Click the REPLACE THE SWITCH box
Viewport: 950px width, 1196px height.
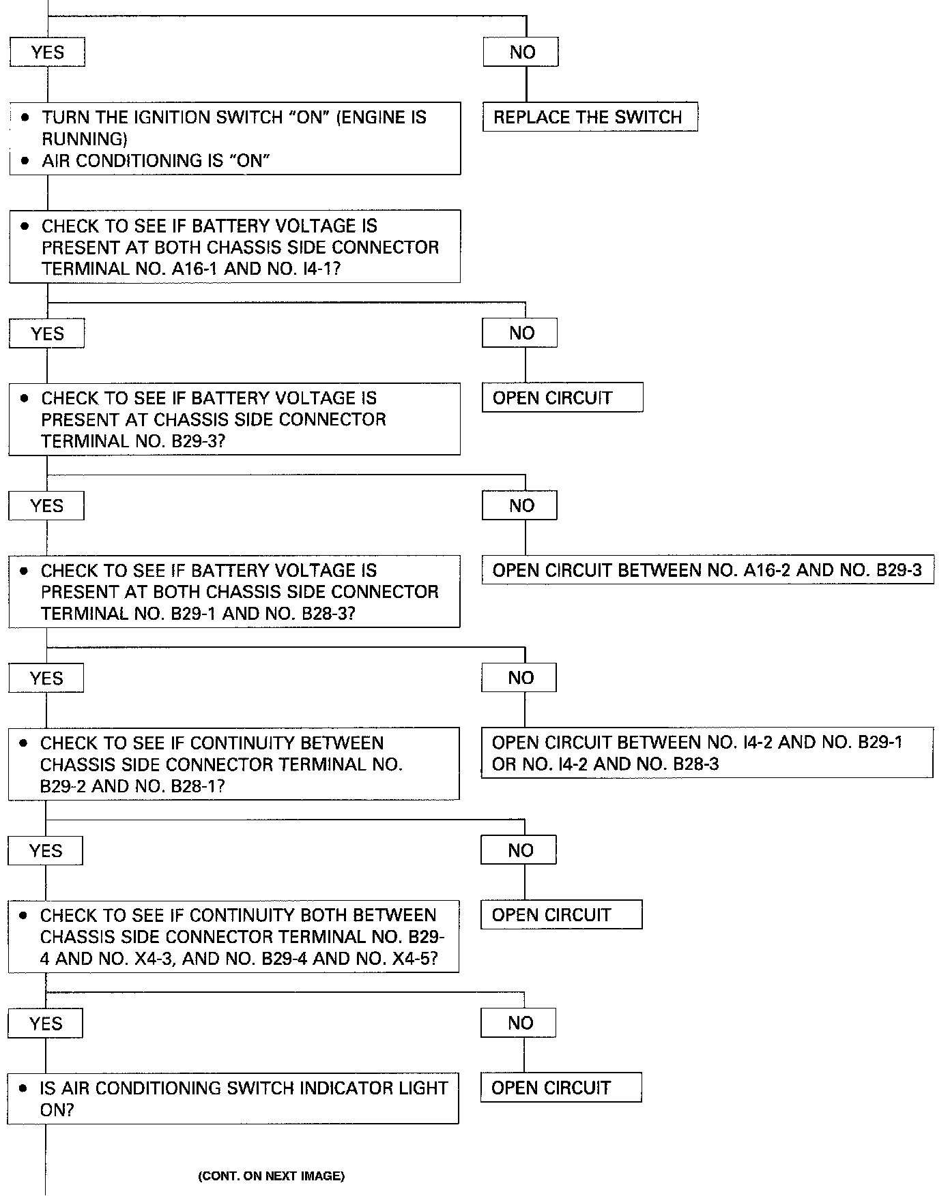tap(590, 117)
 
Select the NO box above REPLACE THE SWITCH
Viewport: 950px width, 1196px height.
tap(521, 52)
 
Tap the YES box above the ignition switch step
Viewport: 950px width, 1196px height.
tap(47, 52)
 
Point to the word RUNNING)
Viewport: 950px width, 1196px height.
tap(85, 140)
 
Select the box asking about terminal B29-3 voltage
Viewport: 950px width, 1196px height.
tap(234, 419)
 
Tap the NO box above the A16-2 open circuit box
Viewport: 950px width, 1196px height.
tap(519, 505)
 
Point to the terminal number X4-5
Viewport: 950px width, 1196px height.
tap(414, 959)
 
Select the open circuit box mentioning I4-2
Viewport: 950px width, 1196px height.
tap(707, 753)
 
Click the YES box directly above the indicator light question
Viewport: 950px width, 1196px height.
tap(45, 1023)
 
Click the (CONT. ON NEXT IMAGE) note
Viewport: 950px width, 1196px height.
tap(271, 1176)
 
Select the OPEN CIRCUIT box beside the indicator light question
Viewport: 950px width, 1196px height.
tap(561, 1087)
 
